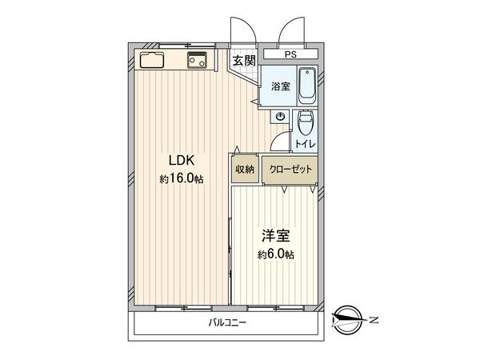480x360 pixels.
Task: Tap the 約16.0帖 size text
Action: (181, 179)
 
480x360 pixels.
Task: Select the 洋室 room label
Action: (276, 236)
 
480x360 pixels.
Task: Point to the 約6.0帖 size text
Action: (276, 255)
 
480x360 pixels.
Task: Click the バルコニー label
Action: (228, 323)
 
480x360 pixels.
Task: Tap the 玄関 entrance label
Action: (244, 60)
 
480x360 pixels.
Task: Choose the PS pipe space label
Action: (290, 55)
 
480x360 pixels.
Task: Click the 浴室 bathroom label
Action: (280, 86)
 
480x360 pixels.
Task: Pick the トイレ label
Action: (305, 144)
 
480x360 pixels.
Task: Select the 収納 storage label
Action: (245, 170)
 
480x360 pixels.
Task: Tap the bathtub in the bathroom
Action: (307, 86)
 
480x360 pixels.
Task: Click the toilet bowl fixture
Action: (306, 124)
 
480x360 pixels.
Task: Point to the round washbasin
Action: (279, 118)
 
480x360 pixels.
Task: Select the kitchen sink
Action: (152, 60)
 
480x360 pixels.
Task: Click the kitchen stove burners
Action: (198, 60)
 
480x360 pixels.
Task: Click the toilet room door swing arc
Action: (278, 142)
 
